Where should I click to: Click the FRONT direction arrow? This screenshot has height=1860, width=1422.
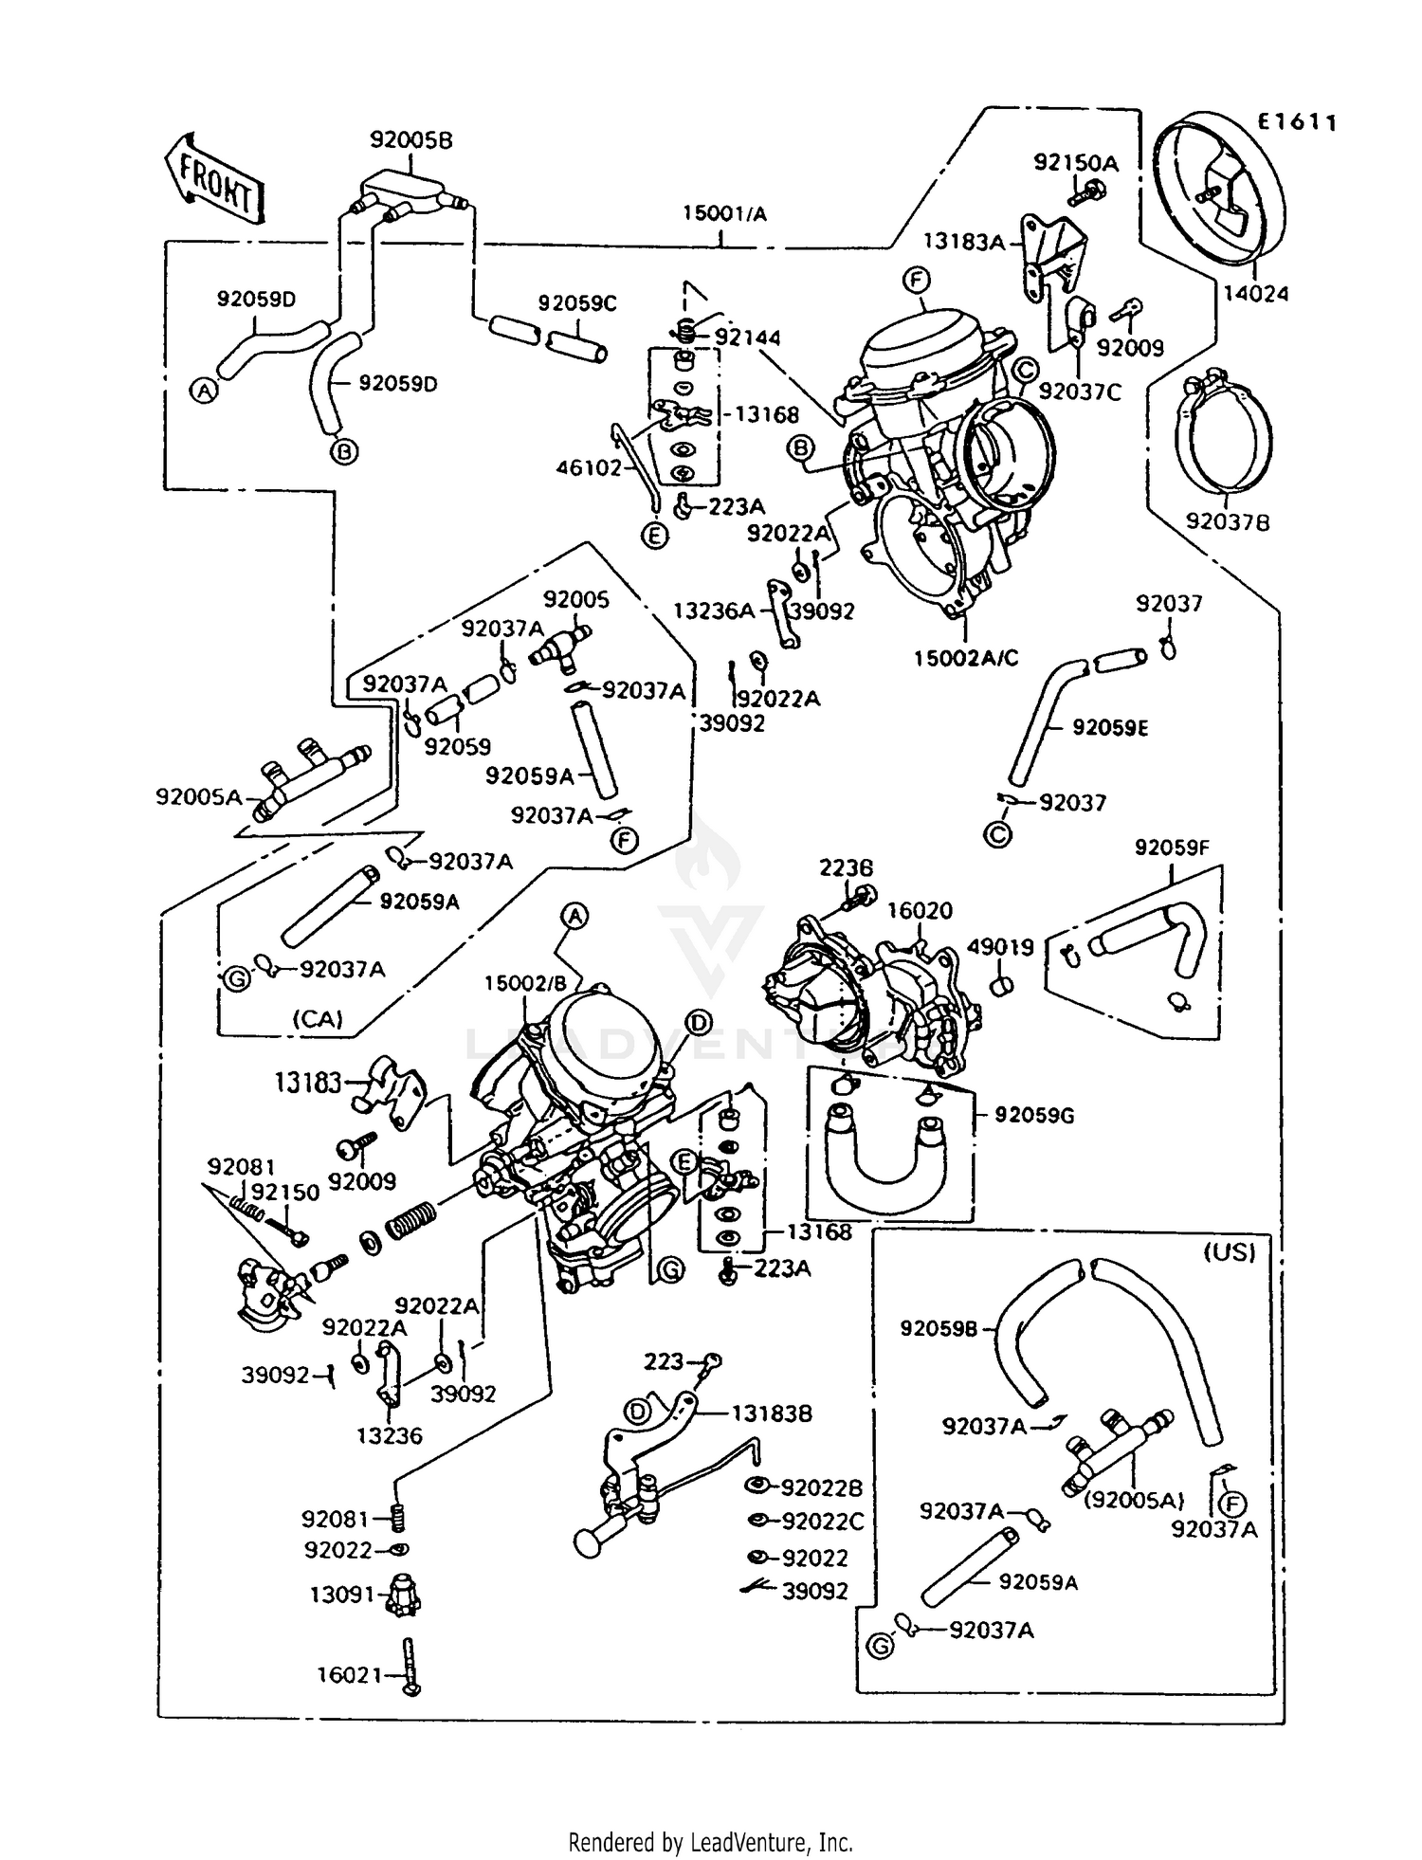click(x=215, y=180)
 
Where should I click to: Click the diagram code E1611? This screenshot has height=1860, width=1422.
click(x=1296, y=122)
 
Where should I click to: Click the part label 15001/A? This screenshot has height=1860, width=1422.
click(x=724, y=214)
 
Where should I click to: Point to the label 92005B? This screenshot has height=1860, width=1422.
click(x=410, y=140)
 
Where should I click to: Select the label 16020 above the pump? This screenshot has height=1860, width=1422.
click(x=919, y=911)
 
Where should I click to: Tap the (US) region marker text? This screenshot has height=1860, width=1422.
click(x=1229, y=1253)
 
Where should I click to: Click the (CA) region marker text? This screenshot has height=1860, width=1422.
click(x=317, y=1019)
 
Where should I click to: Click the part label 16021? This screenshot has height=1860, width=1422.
click(x=349, y=1676)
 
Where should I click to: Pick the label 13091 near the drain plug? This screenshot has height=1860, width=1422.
click(x=340, y=1595)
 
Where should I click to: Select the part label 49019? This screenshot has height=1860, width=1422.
click(x=1000, y=946)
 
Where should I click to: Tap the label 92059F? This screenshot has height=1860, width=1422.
click(x=1172, y=848)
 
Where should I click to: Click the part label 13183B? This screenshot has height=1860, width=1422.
click(x=772, y=1413)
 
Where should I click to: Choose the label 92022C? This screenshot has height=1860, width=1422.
click(x=822, y=1522)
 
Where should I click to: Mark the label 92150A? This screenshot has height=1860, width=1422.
click(x=1075, y=163)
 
